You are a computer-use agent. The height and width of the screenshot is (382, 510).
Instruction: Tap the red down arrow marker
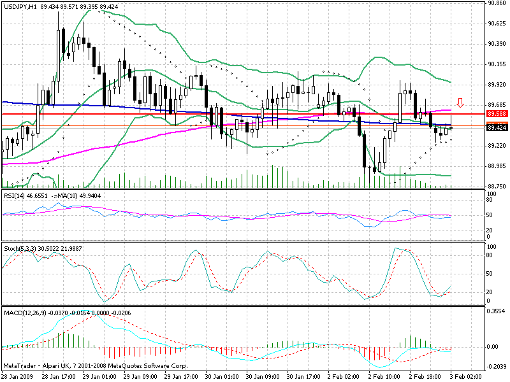coord(460,102)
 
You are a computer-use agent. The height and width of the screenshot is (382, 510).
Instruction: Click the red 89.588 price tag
coord(496,113)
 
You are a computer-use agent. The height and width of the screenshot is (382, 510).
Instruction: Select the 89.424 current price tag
coord(496,128)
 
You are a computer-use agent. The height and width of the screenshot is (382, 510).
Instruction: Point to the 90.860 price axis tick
coord(496,3)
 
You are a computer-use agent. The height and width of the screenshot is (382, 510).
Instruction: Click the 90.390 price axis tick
coord(496,44)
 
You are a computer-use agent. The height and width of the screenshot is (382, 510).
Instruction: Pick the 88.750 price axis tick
coord(496,186)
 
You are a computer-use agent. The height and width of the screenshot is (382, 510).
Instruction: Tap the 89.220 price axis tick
coord(496,145)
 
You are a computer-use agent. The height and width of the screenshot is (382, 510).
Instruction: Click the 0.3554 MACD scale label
coord(496,311)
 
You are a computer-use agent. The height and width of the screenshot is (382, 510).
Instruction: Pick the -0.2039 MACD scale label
coord(496,367)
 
